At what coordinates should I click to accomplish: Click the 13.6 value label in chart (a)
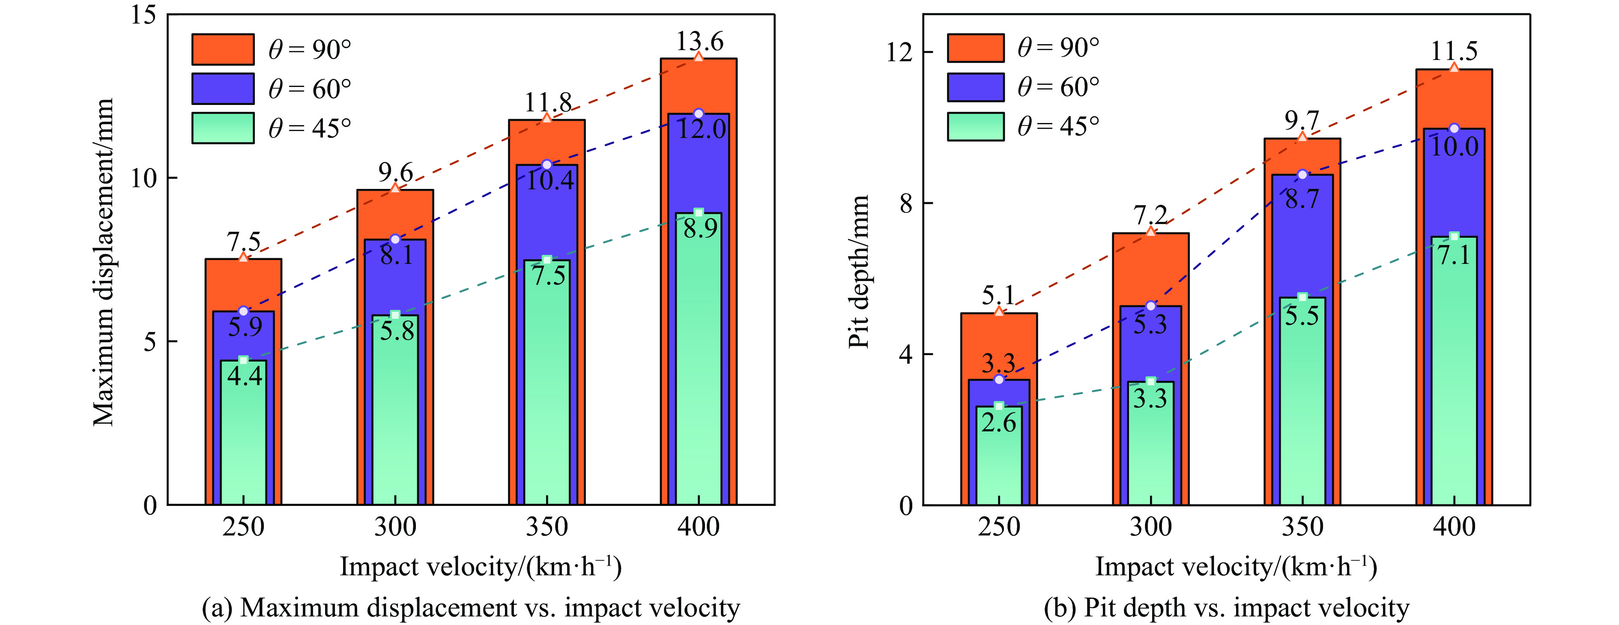tap(699, 42)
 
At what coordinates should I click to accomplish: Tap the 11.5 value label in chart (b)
tap(1454, 51)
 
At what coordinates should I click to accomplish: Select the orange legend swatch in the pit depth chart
tap(975, 48)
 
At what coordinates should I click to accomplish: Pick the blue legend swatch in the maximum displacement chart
tap(222, 89)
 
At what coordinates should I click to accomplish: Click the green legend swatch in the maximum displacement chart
tap(222, 128)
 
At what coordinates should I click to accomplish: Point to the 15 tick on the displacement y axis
tap(143, 15)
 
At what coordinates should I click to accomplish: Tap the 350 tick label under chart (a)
tap(547, 527)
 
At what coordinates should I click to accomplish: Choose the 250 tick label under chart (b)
tap(999, 527)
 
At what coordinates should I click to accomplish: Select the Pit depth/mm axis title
tap(858, 272)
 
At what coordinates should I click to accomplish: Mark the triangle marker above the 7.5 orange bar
tap(243, 257)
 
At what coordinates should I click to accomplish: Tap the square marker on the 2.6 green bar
tap(999, 406)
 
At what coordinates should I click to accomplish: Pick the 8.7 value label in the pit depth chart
tap(1302, 199)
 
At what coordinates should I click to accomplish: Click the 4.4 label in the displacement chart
tap(245, 376)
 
